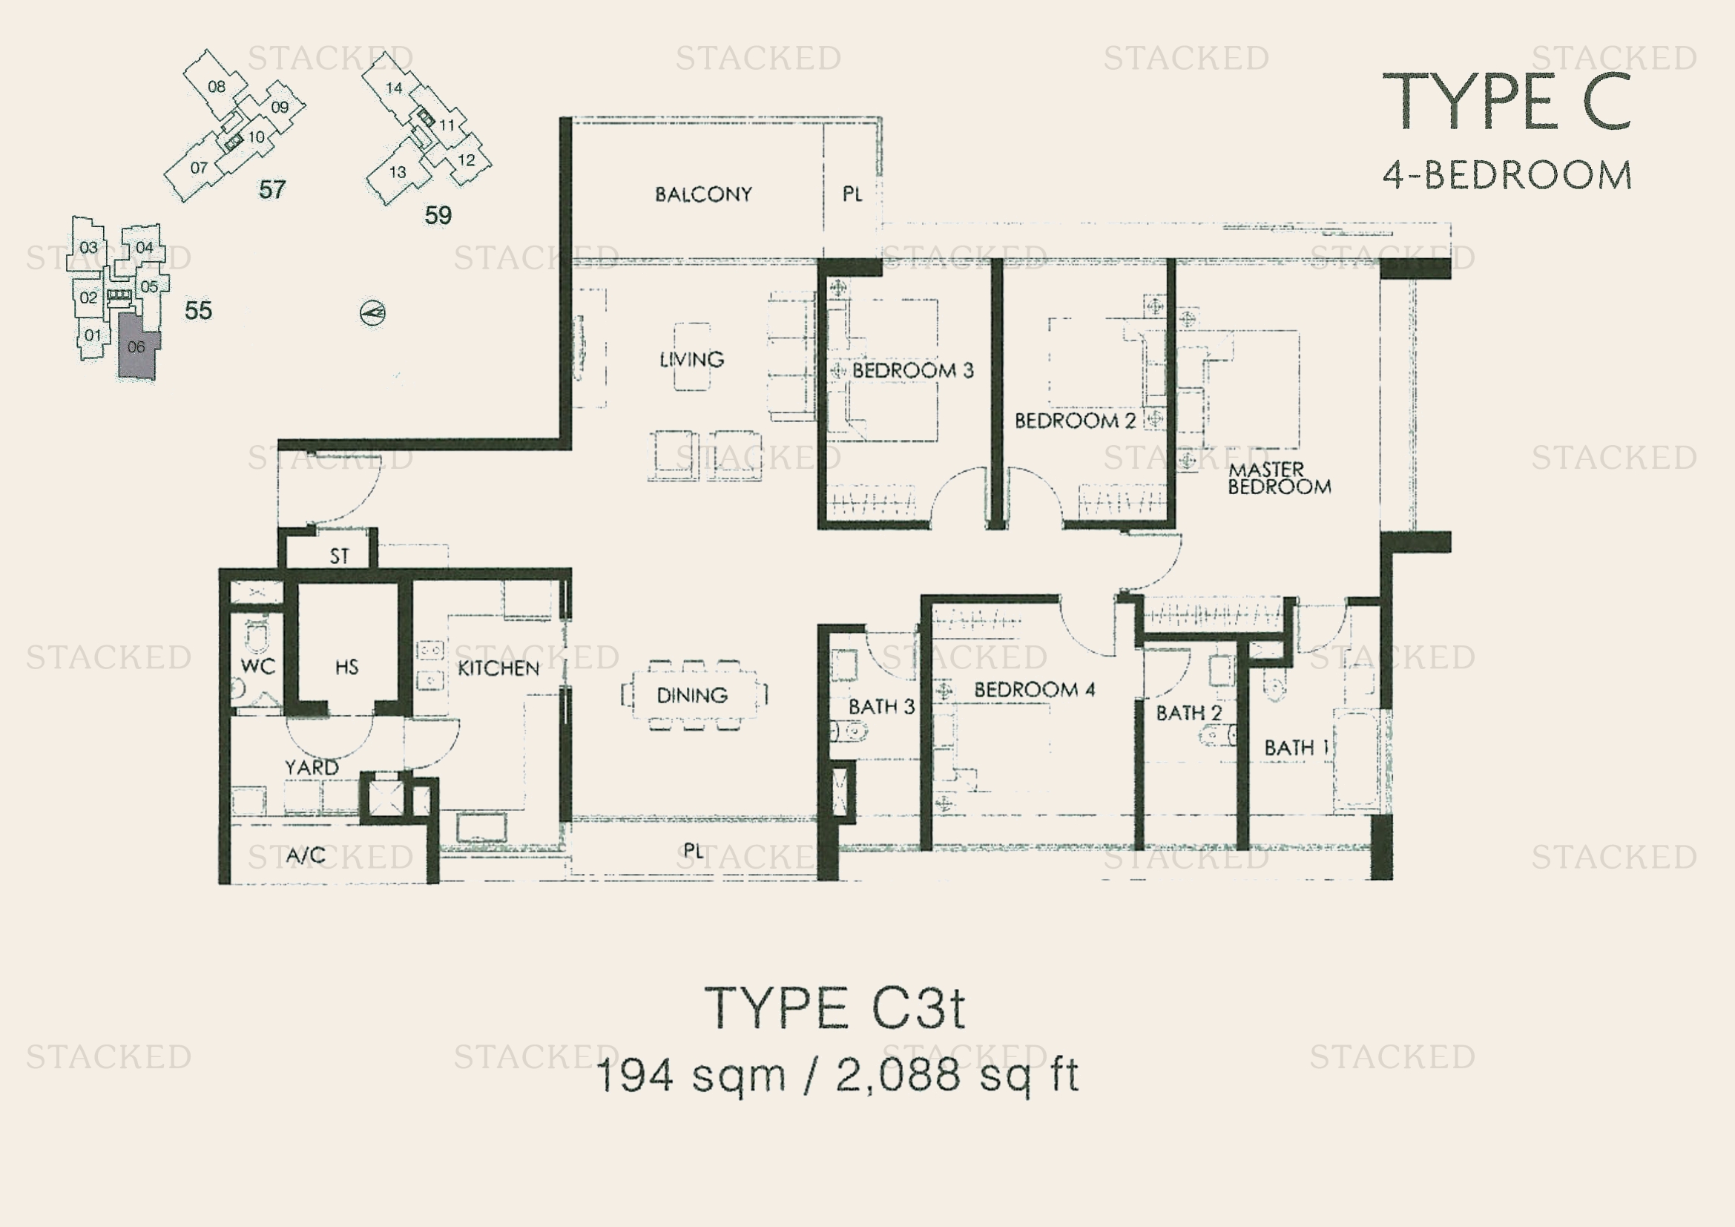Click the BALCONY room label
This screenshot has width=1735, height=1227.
click(703, 194)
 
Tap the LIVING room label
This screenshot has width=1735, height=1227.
click(691, 359)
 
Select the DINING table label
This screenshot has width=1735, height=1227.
click(692, 695)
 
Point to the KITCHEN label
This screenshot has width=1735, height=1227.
click(498, 668)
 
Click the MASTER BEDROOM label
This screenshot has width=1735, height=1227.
click(1280, 478)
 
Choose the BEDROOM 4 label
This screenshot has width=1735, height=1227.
click(1034, 689)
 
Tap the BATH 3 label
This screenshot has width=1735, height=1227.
click(881, 707)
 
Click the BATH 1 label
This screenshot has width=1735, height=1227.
click(1296, 747)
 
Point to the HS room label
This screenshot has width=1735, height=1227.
click(347, 667)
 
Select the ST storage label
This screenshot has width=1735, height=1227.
click(339, 556)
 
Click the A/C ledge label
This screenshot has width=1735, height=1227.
click(306, 855)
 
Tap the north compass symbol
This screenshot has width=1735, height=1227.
click(372, 313)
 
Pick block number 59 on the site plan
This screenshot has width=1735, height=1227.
click(438, 216)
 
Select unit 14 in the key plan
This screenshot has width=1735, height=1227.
click(394, 88)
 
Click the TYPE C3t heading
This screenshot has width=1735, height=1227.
click(835, 1009)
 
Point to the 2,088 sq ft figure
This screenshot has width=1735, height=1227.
click(958, 1074)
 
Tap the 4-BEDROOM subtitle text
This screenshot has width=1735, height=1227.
click(1507, 174)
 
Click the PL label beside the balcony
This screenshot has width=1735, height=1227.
click(852, 194)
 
